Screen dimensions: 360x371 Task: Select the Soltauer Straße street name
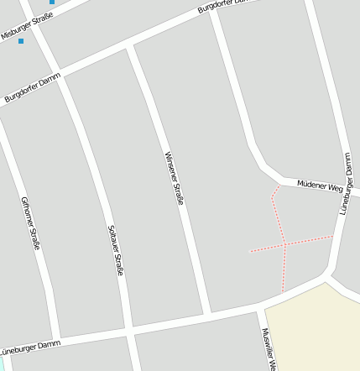point(116,250)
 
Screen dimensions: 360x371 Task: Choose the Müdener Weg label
point(320,185)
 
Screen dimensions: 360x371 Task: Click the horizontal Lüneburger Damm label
point(30,346)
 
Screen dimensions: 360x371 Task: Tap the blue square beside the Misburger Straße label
point(21,40)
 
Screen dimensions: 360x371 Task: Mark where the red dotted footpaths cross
point(285,244)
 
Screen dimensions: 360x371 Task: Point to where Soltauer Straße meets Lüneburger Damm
point(130,330)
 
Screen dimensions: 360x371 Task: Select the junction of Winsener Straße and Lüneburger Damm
point(207,315)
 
